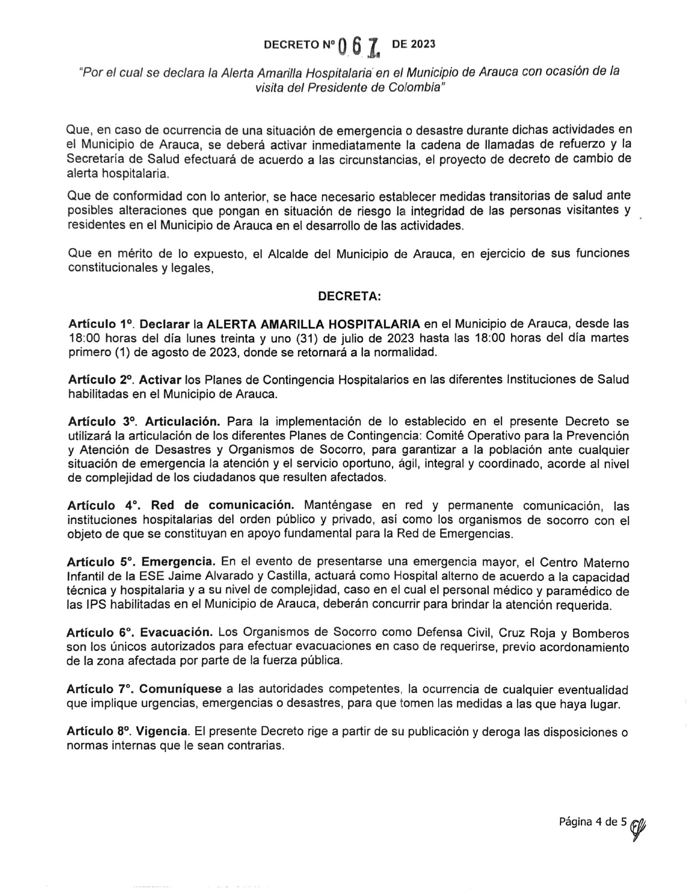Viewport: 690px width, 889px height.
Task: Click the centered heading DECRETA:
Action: tap(349, 297)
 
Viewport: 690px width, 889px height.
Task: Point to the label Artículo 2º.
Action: tap(101, 380)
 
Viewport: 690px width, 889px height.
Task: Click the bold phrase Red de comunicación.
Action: tap(222, 505)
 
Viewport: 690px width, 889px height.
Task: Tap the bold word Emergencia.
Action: tap(178, 562)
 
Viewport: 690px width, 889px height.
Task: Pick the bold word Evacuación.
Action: tap(176, 633)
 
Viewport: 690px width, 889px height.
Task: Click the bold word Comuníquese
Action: tap(180, 689)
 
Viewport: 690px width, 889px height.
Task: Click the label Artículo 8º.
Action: tap(101, 732)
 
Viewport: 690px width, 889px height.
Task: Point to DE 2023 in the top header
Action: tap(414, 44)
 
